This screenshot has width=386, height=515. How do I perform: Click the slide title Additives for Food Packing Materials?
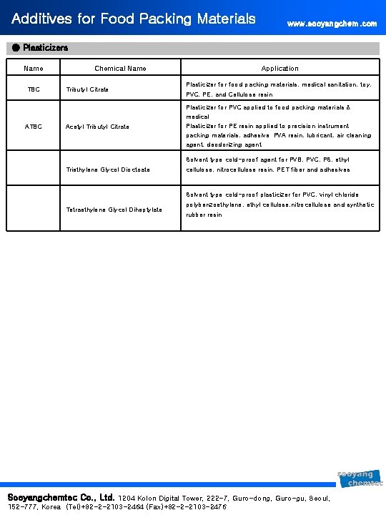pos(134,19)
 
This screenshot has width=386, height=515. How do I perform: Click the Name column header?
pos(33,69)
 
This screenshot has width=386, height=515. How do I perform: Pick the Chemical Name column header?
pos(120,69)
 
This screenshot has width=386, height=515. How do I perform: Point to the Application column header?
pos(279,69)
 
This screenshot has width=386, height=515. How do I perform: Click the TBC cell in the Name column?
pos(34,89)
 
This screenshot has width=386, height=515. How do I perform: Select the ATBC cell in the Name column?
pos(34,127)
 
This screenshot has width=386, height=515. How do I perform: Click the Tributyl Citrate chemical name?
pos(87,89)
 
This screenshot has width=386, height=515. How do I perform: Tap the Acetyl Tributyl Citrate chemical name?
pos(97,127)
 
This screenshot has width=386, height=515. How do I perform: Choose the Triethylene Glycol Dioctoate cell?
pos(108,170)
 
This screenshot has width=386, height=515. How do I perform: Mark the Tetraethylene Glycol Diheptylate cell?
pos(114,209)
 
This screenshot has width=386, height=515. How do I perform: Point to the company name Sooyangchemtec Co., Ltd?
pos(61,496)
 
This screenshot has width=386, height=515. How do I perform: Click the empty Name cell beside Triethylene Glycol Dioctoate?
pos(34,170)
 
